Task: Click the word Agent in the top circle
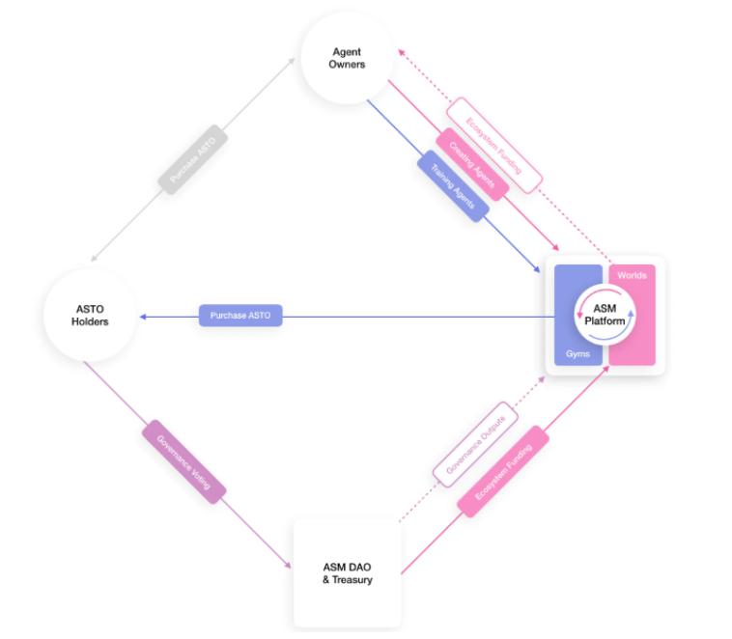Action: (347, 51)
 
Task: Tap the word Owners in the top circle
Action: (347, 65)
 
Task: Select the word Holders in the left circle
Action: (90, 321)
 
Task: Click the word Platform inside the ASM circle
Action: (605, 321)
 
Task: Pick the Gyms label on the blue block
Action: (577, 354)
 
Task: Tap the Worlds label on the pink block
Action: (632, 276)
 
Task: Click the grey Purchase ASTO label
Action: (194, 156)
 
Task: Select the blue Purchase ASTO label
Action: (240, 316)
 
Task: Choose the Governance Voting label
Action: (184, 461)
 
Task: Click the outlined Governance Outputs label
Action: (475, 444)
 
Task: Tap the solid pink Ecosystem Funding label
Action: (503, 471)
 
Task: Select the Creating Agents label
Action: (471, 165)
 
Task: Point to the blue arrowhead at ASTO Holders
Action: (143, 316)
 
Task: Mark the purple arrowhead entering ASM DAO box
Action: (287, 565)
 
